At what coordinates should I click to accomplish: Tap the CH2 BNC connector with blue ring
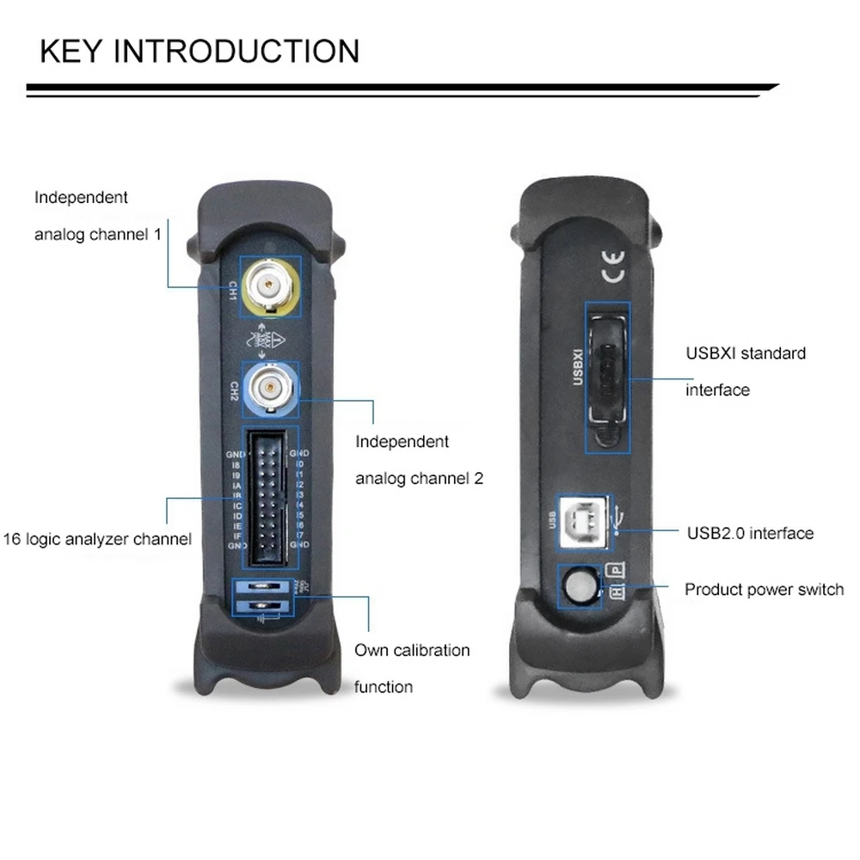[270, 388]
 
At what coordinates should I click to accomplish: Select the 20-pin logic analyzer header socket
[271, 499]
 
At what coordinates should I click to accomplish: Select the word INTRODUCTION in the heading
[237, 52]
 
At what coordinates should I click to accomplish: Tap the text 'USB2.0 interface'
[749, 533]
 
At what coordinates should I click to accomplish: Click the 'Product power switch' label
[764, 590]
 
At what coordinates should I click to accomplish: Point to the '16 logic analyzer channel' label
[96, 539]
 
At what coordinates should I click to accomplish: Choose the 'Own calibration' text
[412, 650]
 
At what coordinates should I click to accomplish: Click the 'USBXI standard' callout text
[745, 353]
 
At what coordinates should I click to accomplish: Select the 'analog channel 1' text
[97, 234]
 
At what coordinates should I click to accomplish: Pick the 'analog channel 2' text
[419, 478]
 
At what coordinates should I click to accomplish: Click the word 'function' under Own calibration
[384, 687]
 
